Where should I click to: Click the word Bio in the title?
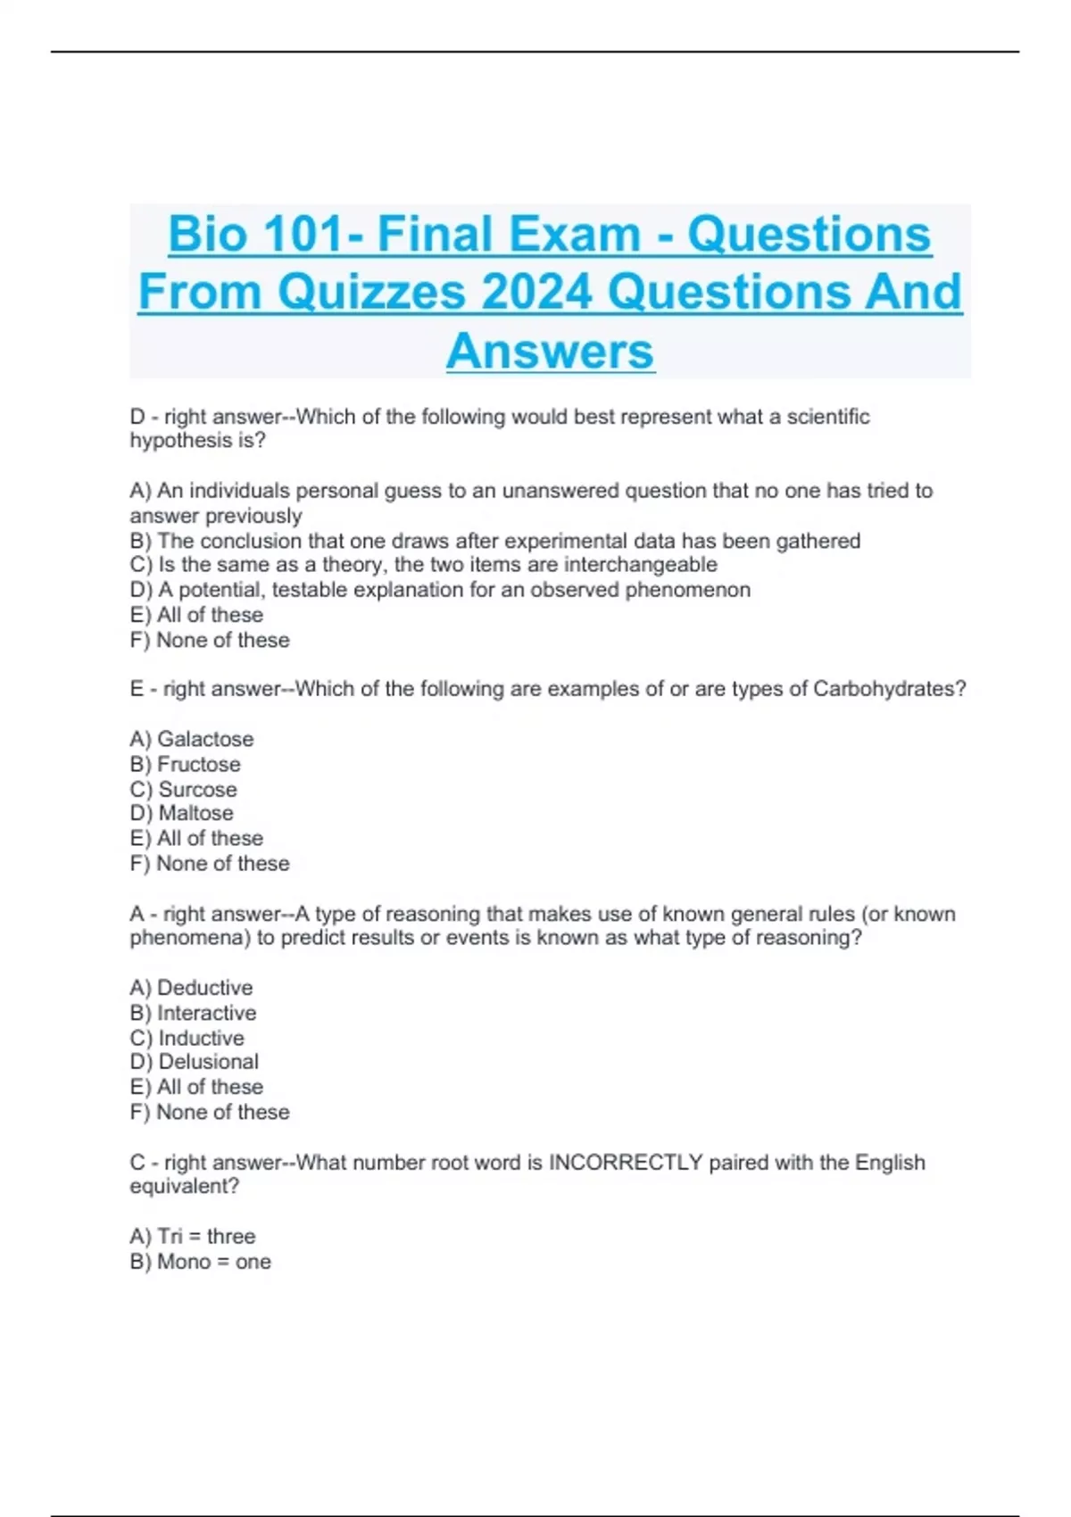coord(207,235)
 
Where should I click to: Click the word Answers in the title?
coord(550,351)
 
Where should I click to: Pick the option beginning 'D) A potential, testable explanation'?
coord(440,590)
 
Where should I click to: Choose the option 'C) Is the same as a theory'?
coord(423,565)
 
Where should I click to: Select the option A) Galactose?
coord(191,739)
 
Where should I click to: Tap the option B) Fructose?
coord(185,765)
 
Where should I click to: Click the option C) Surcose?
coord(183,790)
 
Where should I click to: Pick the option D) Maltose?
coord(181,814)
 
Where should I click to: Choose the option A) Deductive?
coord(191,988)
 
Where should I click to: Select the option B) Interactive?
coord(193,1013)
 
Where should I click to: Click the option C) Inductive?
coord(187,1038)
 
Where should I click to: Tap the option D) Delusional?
coord(194,1062)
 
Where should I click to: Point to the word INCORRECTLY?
coord(626,1163)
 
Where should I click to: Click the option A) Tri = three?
coord(193,1236)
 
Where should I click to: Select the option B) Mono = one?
coord(200,1262)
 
